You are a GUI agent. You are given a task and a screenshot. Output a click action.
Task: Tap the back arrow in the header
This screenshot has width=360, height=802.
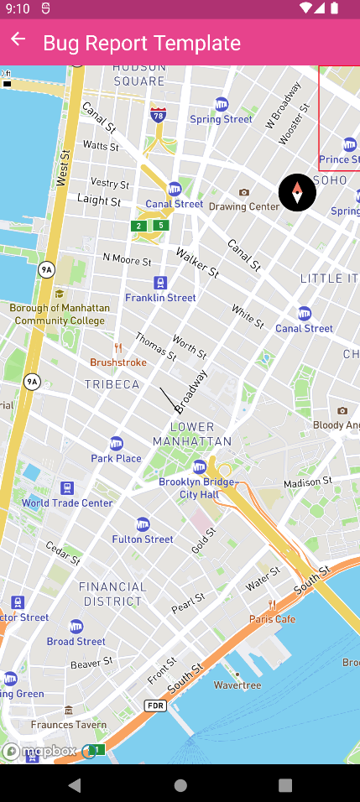pos(18,40)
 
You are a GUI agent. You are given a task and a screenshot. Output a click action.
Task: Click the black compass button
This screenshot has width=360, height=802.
pos(297,193)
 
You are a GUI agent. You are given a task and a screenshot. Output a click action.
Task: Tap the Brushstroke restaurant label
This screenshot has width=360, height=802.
pos(118,362)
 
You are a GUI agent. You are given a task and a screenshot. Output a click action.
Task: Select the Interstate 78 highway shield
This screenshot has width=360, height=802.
pos(158,114)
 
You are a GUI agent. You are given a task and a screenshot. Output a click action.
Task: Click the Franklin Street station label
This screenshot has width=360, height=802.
pos(160,297)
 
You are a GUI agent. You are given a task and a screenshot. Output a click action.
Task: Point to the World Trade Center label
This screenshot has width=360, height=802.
pos(67,503)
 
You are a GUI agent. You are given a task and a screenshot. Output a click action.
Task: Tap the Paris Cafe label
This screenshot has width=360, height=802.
pos(272,618)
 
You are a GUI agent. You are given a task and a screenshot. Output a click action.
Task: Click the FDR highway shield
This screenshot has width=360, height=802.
pos(154,706)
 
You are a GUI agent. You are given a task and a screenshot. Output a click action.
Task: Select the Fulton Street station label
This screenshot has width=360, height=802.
pos(143,539)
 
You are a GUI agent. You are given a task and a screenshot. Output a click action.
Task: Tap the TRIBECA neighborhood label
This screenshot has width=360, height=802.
pos(112,384)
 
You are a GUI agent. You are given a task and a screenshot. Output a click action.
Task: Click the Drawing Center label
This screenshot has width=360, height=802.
pos(244,206)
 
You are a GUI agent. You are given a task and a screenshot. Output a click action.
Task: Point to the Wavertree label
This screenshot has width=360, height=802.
pos(237,685)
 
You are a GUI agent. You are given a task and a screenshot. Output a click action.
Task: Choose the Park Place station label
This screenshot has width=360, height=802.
pos(116,458)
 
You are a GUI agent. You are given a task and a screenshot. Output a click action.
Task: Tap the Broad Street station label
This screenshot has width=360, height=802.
pos(76,641)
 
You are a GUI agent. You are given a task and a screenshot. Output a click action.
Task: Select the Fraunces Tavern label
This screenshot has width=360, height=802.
pos(69,724)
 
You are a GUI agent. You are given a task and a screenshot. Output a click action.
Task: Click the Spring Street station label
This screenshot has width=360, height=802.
pos(222,118)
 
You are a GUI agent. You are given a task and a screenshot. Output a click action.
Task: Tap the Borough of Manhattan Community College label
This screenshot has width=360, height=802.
pos(59,314)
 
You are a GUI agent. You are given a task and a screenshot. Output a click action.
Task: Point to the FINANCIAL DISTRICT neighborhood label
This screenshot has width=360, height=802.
pos(112,594)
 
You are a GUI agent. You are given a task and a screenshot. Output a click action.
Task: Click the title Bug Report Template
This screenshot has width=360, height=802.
pos(142,43)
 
